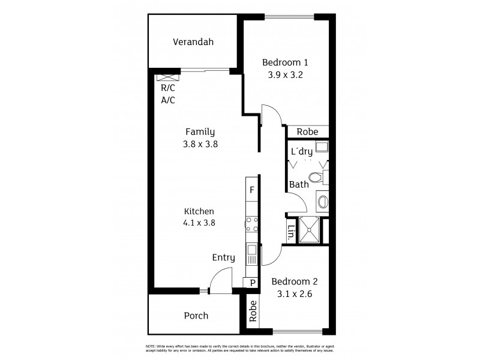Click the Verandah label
[193, 42]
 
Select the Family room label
[200, 131]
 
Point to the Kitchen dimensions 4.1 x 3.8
[199, 223]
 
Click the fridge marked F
[252, 191]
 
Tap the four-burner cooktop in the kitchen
[252, 224]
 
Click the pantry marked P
[252, 283]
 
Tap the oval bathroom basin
[323, 200]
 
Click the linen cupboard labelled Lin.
[291, 231]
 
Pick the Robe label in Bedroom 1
[308, 132]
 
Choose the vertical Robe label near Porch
[253, 311]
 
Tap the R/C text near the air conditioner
[167, 88]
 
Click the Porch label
[196, 315]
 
